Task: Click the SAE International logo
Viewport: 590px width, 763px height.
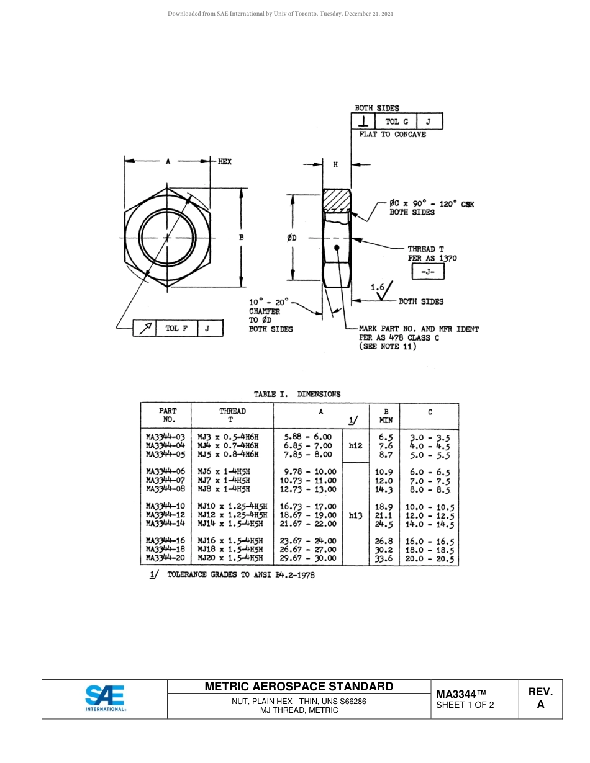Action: [x=105, y=698]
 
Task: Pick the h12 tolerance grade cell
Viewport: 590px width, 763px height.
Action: [x=355, y=445]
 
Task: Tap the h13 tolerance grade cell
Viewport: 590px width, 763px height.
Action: [x=355, y=515]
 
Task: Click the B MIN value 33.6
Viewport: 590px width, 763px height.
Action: [x=385, y=558]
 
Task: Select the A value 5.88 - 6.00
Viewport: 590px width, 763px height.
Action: [x=307, y=437]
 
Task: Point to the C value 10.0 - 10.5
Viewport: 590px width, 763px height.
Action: [x=430, y=507]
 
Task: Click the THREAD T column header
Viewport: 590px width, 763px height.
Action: [x=232, y=415]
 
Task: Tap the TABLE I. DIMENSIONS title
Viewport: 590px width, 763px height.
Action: [x=297, y=394]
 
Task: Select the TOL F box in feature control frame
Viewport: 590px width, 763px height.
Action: [x=176, y=329]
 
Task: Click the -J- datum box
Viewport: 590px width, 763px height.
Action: [x=427, y=272]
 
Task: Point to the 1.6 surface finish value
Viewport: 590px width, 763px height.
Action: [x=378, y=287]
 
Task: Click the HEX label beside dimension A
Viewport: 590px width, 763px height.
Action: [x=225, y=161]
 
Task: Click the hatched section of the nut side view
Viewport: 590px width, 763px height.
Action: [x=336, y=201]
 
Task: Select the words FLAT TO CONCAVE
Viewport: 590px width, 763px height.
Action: [x=393, y=135]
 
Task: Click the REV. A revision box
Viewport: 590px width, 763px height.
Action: [x=540, y=698]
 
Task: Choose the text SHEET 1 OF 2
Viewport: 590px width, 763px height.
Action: [x=465, y=705]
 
